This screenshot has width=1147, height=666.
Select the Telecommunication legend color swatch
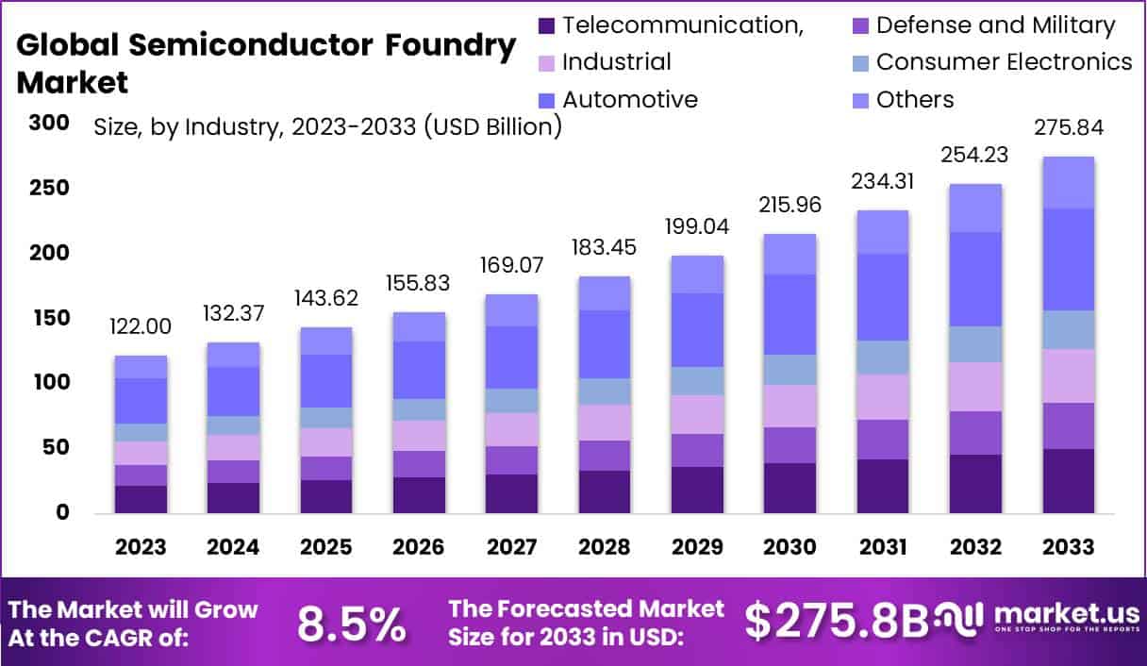545,25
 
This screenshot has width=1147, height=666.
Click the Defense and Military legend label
995,25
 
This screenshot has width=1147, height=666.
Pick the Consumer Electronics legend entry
1004,62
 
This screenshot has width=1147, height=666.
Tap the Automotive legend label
630,100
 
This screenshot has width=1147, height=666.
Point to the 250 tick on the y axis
48,188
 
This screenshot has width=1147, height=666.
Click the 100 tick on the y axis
48,383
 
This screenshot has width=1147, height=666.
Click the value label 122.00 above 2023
141,326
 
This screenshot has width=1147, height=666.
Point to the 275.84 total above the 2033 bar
1069,127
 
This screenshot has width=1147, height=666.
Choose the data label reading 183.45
605,247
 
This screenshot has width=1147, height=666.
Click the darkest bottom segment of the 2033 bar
1068,481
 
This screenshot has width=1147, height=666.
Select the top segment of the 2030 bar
790,254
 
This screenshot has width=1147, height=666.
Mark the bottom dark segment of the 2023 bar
141,499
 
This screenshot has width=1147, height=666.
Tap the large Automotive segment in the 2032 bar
975,279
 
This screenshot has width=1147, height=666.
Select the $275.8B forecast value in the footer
836,620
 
